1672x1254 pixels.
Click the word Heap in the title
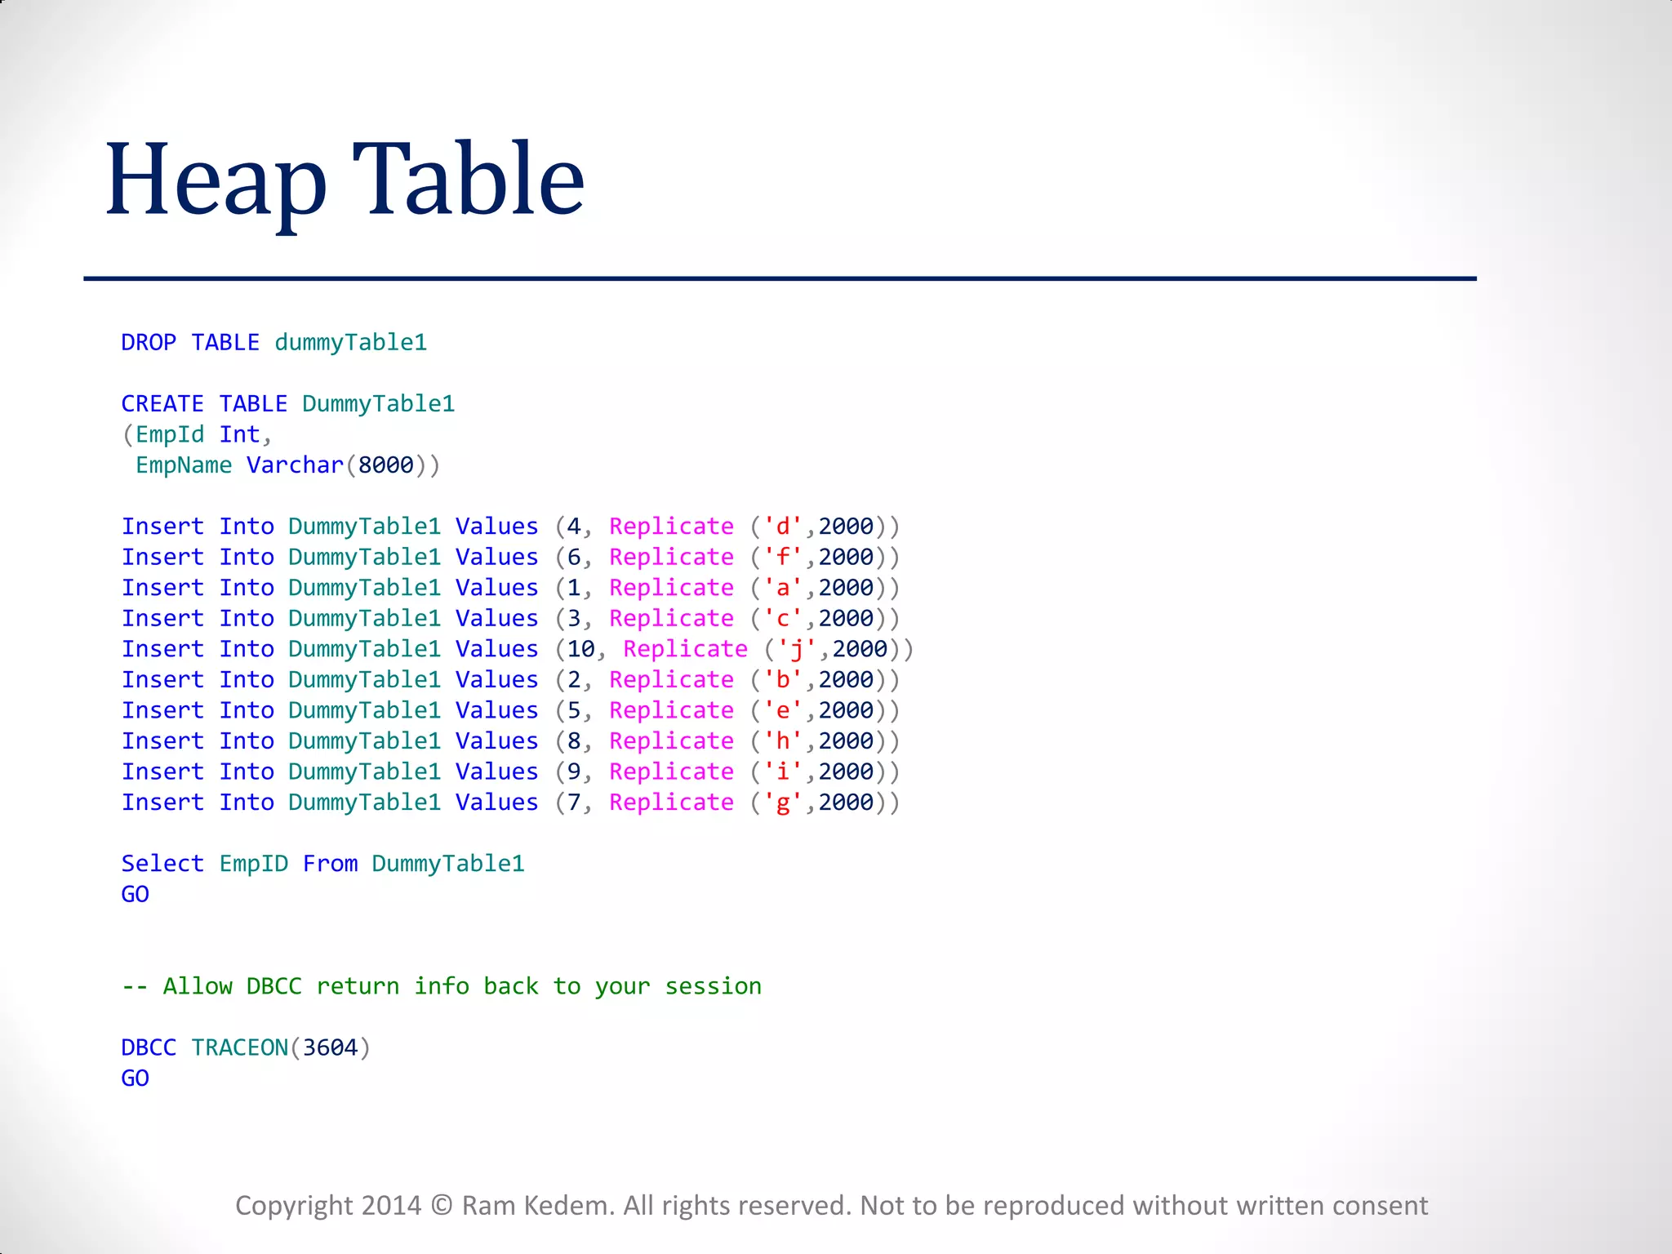point(216,181)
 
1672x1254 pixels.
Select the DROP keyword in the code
point(149,342)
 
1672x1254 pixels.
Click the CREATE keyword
point(162,403)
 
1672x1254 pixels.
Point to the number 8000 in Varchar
point(386,465)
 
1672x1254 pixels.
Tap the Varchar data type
point(295,465)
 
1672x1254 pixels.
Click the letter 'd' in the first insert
point(782,527)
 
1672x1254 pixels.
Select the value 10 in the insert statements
point(581,649)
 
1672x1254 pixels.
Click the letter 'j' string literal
point(796,649)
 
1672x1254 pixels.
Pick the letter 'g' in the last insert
point(782,803)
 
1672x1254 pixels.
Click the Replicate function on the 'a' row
point(671,588)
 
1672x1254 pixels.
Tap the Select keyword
point(162,863)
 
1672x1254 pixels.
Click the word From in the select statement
point(330,863)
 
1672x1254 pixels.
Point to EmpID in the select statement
point(253,863)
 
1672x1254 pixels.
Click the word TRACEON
point(240,1047)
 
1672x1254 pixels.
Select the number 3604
point(330,1047)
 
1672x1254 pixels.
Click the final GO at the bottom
point(135,1078)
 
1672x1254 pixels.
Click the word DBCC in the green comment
point(273,986)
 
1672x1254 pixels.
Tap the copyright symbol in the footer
point(441,1206)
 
